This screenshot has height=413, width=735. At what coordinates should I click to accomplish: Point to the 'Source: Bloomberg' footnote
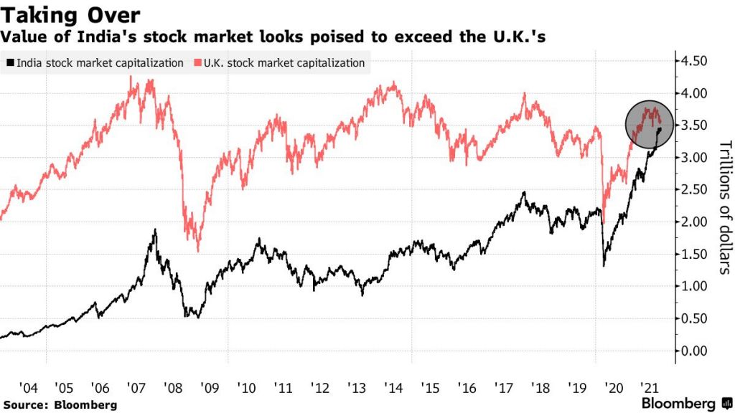[x=60, y=405]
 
